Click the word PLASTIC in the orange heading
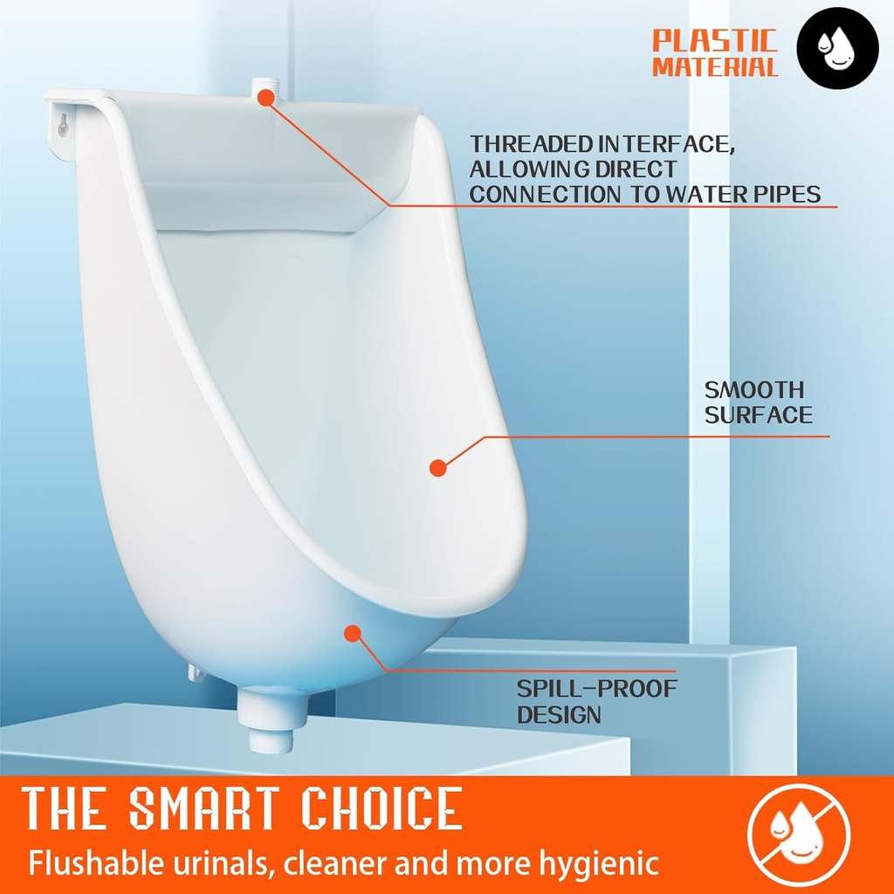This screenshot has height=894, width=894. [x=714, y=40]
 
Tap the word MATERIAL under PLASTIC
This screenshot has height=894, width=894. [x=714, y=68]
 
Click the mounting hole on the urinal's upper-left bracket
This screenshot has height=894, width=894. [x=63, y=126]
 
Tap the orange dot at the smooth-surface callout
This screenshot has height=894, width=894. [x=438, y=468]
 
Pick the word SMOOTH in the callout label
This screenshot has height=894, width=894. [x=754, y=389]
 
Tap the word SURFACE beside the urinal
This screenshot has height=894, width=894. [x=758, y=416]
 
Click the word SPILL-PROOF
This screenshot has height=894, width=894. [x=596, y=689]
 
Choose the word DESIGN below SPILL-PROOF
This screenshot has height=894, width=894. [x=559, y=715]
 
